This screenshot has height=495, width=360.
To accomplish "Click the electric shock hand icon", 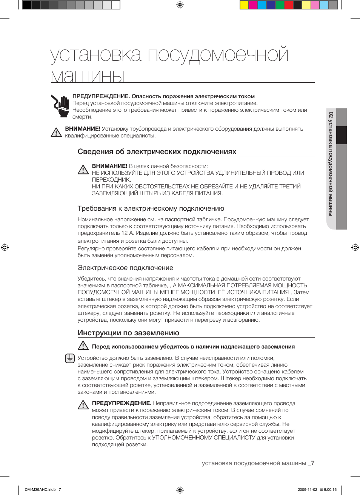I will [60, 106].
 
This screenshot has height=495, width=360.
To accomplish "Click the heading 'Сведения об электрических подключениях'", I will [157, 152].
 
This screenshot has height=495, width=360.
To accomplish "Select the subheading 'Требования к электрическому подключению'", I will [151, 208].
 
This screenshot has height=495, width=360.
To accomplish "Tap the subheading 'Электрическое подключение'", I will [125, 268].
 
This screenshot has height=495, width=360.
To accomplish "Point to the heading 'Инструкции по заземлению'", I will [128, 333].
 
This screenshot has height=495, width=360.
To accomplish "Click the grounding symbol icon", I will [70, 358].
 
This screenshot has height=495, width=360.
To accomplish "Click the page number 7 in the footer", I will [313, 463].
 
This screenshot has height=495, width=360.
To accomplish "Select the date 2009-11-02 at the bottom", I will [307, 490].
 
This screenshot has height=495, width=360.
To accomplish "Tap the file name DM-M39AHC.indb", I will [40, 490].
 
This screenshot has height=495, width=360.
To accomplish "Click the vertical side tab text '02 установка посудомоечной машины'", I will [331, 164].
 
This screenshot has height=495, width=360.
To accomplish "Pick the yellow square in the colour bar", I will [244, 5].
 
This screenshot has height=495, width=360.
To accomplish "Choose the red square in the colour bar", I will [289, 5].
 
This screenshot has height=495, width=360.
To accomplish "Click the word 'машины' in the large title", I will [88, 76].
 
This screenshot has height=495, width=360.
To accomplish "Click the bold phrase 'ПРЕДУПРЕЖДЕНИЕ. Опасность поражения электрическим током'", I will [163, 96].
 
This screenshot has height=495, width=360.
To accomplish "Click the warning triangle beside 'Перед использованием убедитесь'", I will [83, 346].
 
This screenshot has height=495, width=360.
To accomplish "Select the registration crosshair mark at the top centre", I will [180, 5].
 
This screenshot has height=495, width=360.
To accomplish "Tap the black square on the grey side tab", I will [342, 135].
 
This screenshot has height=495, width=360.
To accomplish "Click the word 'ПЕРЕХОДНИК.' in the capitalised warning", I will [111, 180].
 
